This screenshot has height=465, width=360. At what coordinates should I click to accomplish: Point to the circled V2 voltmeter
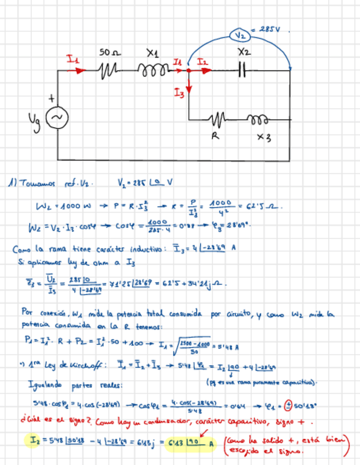pyautogui.click(x=240, y=35)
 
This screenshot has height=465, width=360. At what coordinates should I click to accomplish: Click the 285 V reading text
pyautogui.click(x=269, y=29)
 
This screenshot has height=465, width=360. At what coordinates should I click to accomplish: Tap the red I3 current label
pyautogui.click(x=179, y=94)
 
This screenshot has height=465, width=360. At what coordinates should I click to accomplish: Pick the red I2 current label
pyautogui.click(x=203, y=63)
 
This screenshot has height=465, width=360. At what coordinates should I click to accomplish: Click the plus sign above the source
pyautogui.click(x=53, y=99)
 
